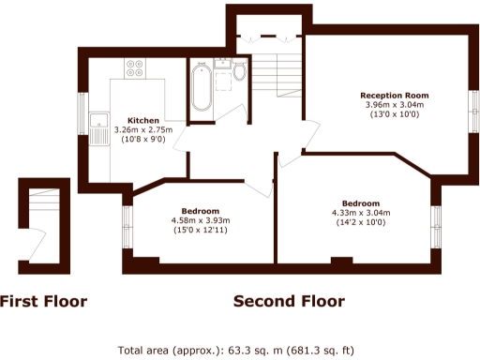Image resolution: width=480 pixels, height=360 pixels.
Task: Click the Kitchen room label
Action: click(143, 121)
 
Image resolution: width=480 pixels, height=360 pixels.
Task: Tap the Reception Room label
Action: click(395, 95)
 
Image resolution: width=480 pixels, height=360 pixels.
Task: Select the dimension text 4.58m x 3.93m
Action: click(201, 220)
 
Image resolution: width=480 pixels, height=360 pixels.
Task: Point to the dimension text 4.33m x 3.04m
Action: click(360, 213)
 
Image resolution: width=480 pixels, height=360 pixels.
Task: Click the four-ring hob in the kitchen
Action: click(134, 67)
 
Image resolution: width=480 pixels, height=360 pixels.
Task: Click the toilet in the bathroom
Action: click(238, 72)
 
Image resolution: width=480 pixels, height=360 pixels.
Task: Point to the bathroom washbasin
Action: click(222, 65)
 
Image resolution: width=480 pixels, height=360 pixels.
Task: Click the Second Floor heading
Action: click(288, 302)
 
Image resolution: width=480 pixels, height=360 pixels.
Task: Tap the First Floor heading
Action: click(43, 302)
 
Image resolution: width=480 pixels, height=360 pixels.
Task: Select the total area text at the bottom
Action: click(236, 351)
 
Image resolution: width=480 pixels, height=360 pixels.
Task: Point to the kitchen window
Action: click(82, 114)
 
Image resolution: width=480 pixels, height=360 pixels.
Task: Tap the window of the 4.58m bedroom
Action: click(127, 224)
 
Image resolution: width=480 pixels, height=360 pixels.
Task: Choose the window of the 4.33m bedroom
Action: click(435, 224)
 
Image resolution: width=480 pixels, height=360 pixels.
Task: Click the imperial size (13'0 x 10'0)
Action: click(395, 113)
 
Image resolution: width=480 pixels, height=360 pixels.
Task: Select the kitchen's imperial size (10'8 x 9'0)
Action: click(143, 139)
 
